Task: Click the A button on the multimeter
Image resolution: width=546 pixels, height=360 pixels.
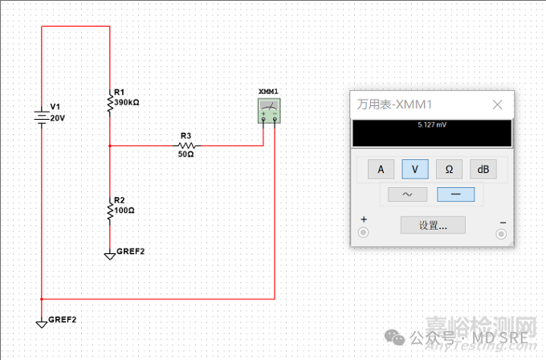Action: tap(381, 169)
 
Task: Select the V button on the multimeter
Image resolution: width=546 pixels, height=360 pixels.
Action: tap(414, 169)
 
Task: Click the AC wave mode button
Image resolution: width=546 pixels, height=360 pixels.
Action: tap(406, 194)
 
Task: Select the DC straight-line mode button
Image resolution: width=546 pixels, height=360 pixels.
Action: tap(455, 194)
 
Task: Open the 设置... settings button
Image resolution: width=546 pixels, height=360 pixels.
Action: tap(433, 225)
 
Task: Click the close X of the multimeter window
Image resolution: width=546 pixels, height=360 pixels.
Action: tap(498, 104)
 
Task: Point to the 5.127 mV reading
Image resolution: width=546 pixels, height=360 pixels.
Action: tap(432, 126)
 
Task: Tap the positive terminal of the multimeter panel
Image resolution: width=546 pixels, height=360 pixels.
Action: tap(363, 233)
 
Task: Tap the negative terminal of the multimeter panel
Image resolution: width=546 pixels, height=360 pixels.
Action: tap(503, 233)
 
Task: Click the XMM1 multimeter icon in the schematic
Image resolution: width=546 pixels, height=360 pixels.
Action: tap(268, 111)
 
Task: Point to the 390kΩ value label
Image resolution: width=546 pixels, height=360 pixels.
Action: tap(127, 103)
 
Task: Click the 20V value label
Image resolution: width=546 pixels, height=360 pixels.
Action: tap(57, 117)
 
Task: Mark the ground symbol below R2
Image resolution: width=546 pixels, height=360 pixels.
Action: tap(110, 256)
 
